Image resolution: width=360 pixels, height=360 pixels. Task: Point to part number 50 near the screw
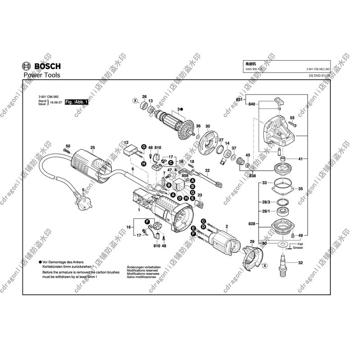click(x=68, y=146)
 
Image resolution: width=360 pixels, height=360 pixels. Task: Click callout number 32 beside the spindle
click(x=301, y=262)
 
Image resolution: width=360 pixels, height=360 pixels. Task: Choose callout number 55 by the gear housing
click(x=292, y=118)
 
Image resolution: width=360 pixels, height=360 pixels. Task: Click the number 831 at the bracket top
click(x=239, y=99)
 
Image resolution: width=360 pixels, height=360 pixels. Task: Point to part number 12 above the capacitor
click(x=126, y=142)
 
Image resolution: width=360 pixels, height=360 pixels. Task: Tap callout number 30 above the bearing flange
click(x=207, y=126)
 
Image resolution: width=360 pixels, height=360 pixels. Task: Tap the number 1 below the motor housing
click(x=139, y=210)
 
